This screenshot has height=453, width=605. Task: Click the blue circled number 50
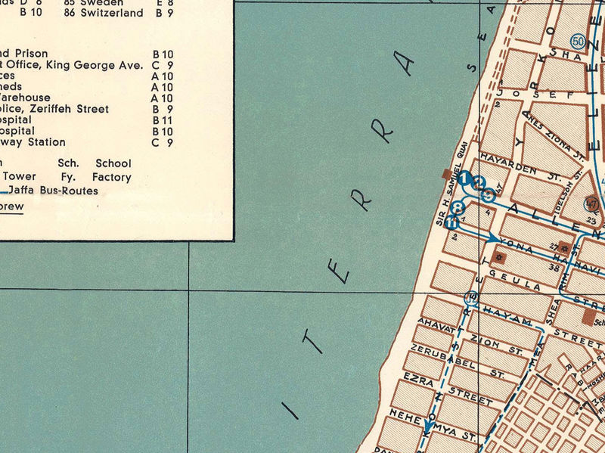pos(579,41)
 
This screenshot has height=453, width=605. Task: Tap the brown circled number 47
pos(591,203)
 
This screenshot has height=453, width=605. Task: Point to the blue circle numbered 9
pos(489,194)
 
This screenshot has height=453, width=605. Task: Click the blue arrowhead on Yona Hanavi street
pos(493,237)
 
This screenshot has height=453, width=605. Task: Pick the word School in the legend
pos(113,163)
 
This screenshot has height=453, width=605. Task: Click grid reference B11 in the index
pos(163,120)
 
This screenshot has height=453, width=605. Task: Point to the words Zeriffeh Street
pos(73,109)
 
